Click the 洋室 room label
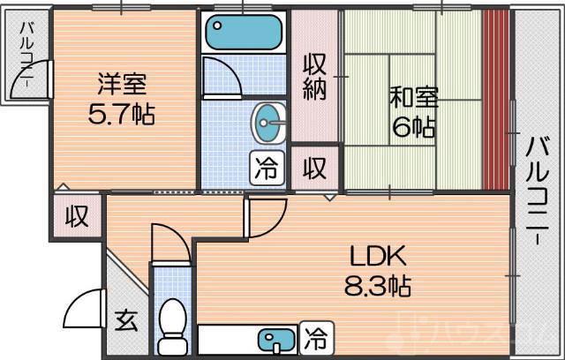coord(124,86)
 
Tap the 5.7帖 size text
coord(124,115)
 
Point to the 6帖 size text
coord(413,127)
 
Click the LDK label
coord(377,257)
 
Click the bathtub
coord(241,34)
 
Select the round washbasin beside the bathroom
coord(269,124)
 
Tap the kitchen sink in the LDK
coord(273,338)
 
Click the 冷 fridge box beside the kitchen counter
coord(314,336)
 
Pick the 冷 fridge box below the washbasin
coord(266,166)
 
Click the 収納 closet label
coord(316,77)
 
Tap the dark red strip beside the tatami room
coord(495,100)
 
